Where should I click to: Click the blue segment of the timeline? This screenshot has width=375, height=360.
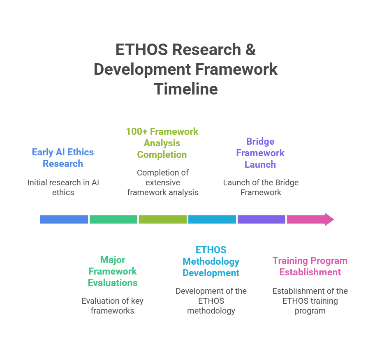tap(64, 219)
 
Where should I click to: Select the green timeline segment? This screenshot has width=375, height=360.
tap(113, 219)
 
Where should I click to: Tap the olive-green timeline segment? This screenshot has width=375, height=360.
tap(162, 219)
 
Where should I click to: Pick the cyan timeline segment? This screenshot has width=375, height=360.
tap(212, 219)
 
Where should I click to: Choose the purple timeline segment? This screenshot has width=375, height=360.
tap(261, 219)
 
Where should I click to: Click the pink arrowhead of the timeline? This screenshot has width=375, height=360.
tap(327, 219)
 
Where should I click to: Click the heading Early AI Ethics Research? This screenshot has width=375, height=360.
tap(63, 158)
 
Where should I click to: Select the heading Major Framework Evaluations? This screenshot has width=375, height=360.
tap(113, 271)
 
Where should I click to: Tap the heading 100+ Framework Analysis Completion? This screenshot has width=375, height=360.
tap(162, 143)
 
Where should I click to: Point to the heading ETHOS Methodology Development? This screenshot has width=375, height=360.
tap(211, 261)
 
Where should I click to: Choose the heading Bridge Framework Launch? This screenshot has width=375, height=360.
tap(260, 153)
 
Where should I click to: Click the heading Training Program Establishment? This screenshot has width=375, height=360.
tap(310, 266)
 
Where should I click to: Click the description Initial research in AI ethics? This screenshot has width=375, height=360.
tap(63, 187)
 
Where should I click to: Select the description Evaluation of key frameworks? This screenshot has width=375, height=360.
tap(113, 306)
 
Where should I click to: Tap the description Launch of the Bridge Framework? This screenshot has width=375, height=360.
tap(261, 187)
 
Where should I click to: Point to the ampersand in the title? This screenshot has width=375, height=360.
tap(251, 50)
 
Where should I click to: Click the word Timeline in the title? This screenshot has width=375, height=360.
tap(186, 89)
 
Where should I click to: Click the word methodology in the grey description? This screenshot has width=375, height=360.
tap(211, 311)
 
